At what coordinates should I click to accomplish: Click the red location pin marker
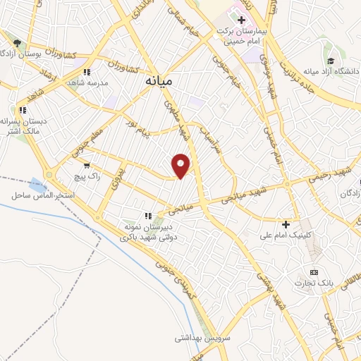click(x=182, y=164)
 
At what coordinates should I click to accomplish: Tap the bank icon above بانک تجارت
click(x=314, y=272)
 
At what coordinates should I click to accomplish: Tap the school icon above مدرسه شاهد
click(x=87, y=72)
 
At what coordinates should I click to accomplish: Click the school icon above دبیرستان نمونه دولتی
click(x=147, y=216)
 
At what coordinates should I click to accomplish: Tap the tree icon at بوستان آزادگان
click(x=16, y=44)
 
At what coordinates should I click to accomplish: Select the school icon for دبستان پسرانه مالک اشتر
click(x=23, y=110)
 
